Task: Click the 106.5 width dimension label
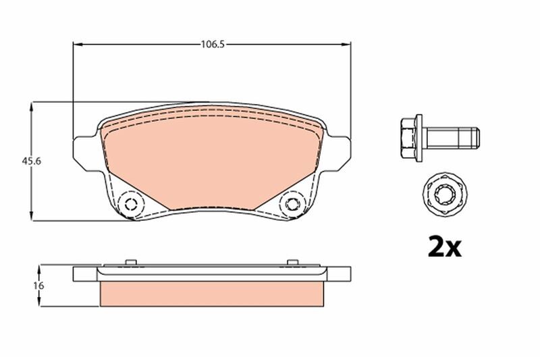212,45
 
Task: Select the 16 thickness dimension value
39,286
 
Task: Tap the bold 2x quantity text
444,247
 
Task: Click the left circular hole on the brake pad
130,204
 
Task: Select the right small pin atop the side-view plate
292,262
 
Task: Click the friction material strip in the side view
212,292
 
